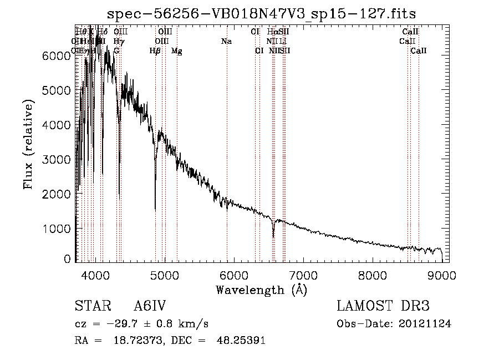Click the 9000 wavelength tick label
[442, 275]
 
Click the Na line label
[226, 41]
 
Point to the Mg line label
[176, 51]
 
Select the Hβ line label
[155, 51]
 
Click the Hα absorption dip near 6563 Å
[273, 235]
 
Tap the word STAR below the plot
[90, 306]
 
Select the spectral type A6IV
[150, 306]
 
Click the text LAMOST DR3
[383, 306]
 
